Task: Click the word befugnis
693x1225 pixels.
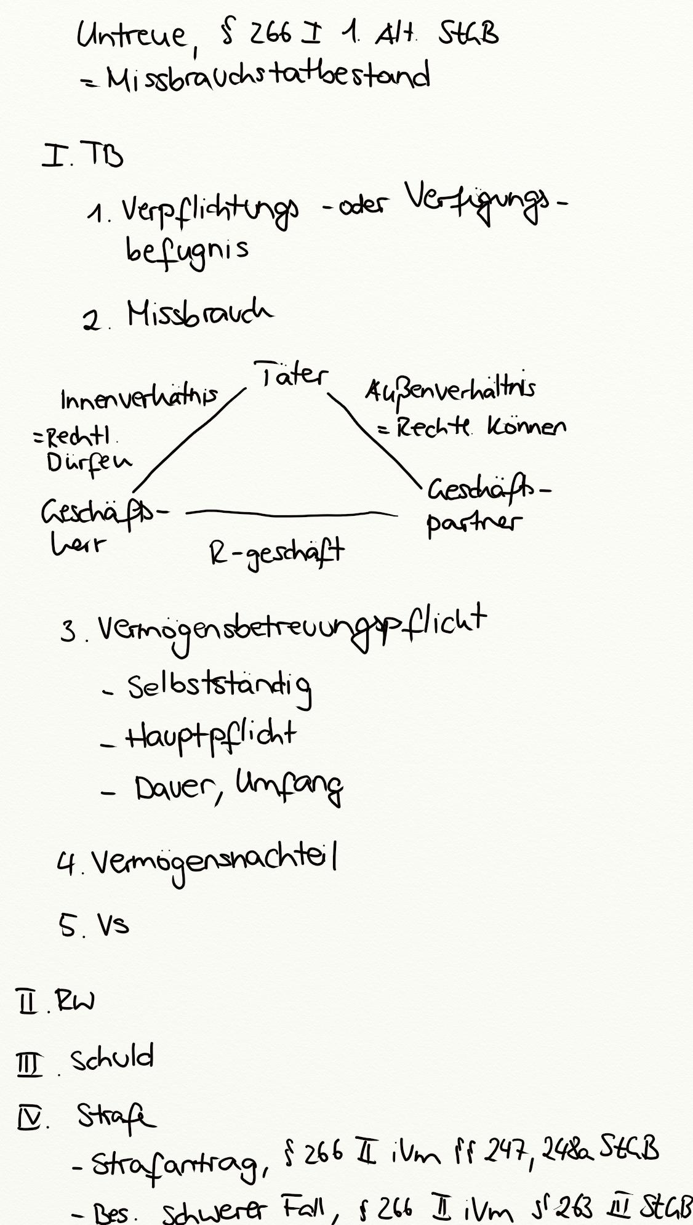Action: pos(187,249)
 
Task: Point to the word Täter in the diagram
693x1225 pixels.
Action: pos(291,374)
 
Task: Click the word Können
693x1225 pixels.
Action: pos(526,427)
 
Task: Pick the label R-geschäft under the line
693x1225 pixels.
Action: pos(276,552)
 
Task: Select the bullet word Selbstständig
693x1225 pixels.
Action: pos(219,687)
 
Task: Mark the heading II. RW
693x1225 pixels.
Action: pos(55,1002)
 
